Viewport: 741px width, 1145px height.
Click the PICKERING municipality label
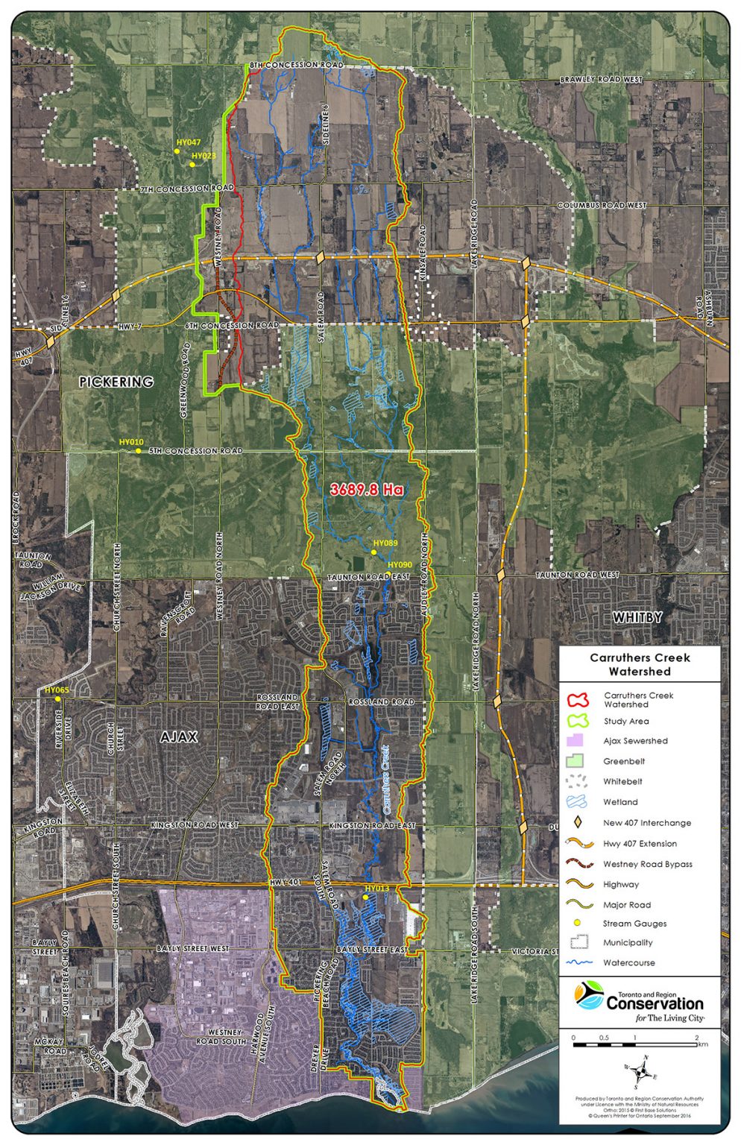pos(116,382)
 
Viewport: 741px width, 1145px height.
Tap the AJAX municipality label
pos(179,737)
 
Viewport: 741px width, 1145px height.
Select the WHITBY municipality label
pos(637,618)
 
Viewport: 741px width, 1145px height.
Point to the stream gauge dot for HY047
pos(177,151)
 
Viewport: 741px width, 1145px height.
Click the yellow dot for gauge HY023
pos(192,165)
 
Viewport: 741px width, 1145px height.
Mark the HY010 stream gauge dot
pos(139,451)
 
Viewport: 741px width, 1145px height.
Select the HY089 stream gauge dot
pos(373,552)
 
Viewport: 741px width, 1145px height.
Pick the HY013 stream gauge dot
pos(365,898)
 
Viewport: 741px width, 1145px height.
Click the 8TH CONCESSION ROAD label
pos(296,66)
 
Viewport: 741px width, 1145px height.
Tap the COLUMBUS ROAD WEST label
pos(602,205)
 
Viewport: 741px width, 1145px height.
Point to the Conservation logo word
pos(655,1003)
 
